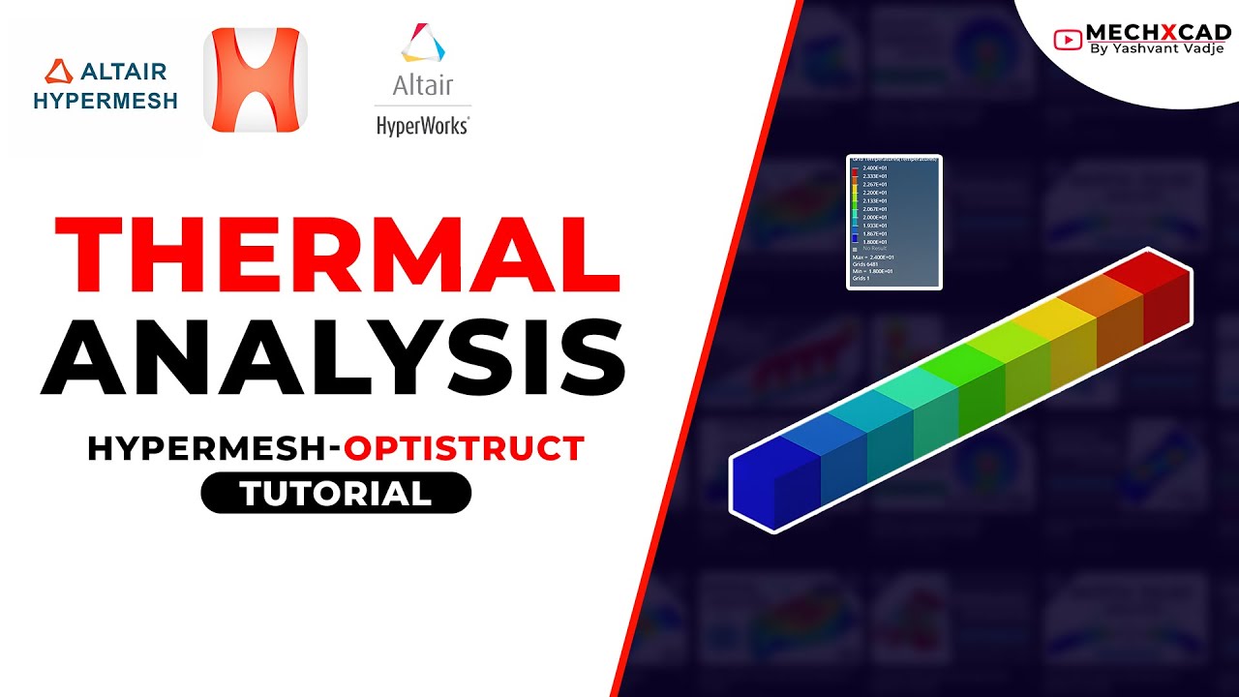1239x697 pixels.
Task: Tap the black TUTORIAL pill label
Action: [336, 494]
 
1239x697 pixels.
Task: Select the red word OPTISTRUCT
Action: [465, 448]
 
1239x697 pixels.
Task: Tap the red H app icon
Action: [256, 79]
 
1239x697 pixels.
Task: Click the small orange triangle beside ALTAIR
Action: [59, 72]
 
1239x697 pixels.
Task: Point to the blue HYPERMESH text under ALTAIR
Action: [106, 101]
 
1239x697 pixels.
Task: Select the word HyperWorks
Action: [422, 126]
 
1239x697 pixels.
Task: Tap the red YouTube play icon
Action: [1068, 39]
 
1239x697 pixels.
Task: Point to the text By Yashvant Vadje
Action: [1157, 49]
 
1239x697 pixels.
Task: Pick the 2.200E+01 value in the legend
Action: [875, 193]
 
